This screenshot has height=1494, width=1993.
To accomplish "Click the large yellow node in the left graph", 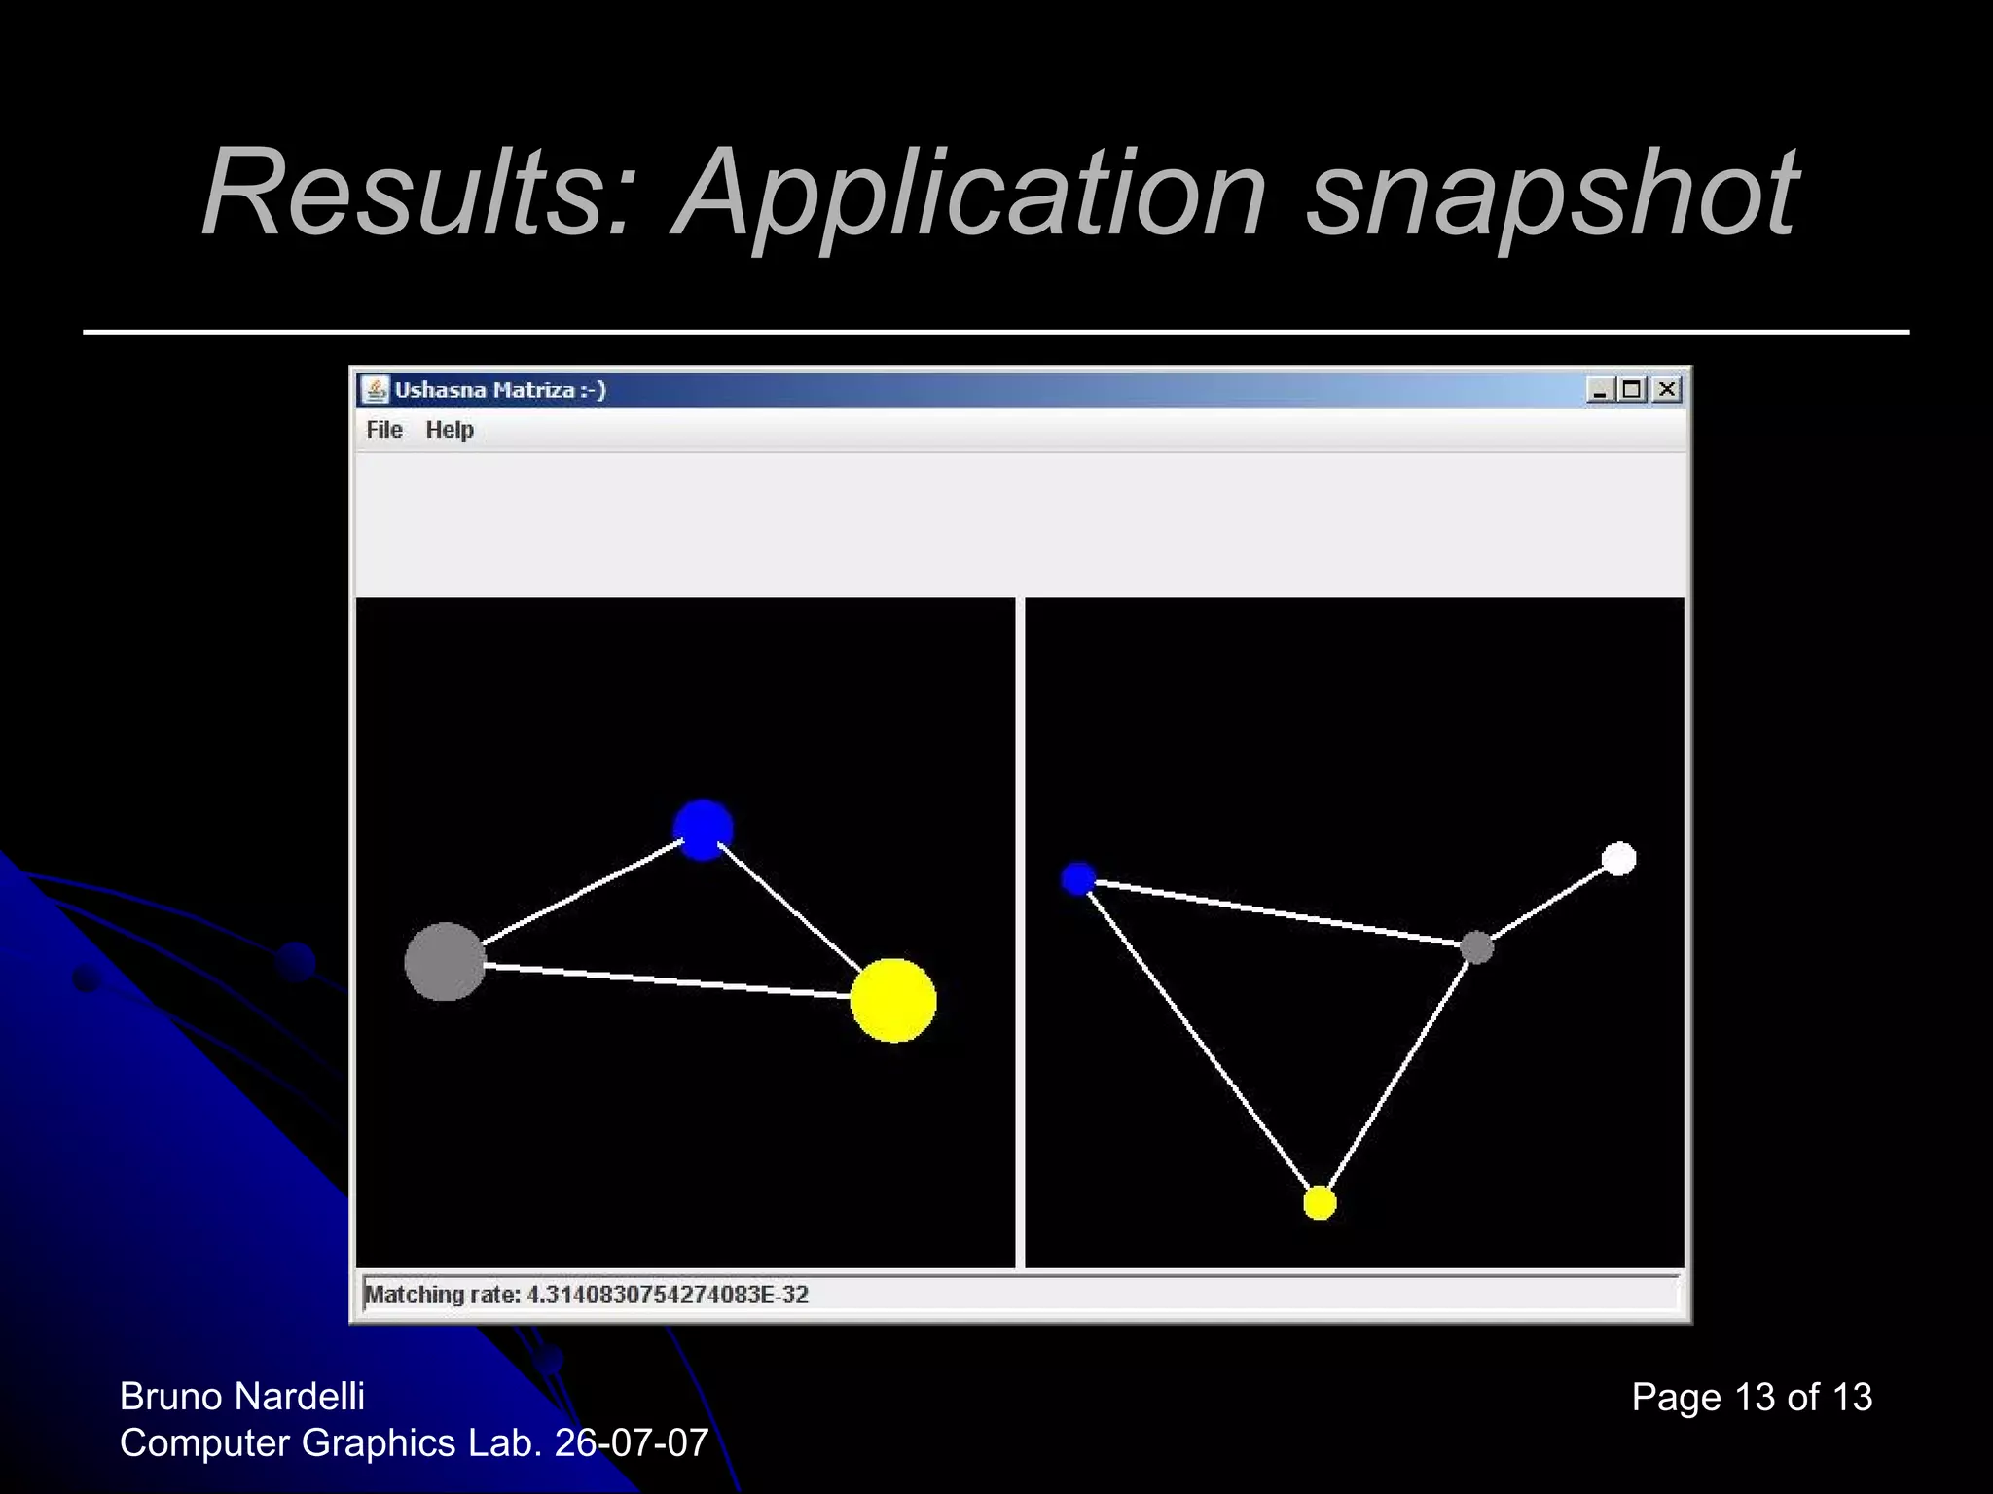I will pyautogui.click(x=893, y=1000).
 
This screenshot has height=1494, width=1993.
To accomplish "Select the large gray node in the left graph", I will pyautogui.click(x=445, y=962).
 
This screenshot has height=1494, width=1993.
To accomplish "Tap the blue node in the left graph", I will pyautogui.click(x=703, y=830).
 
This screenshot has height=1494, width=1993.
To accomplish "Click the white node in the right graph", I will pyautogui.click(x=1618, y=859).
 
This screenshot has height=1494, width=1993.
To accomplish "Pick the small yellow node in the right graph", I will pyautogui.click(x=1320, y=1203).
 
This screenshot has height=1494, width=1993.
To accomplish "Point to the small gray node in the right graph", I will pyautogui.click(x=1476, y=946).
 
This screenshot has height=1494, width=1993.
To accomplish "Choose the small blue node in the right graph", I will pyautogui.click(x=1078, y=878).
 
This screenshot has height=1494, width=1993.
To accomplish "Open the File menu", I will pyautogui.click(x=383, y=430).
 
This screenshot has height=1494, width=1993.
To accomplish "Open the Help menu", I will pyautogui.click(x=450, y=430).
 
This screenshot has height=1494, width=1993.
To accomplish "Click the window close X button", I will pyautogui.click(x=1667, y=390).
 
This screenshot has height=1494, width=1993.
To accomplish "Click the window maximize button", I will pyautogui.click(x=1633, y=390).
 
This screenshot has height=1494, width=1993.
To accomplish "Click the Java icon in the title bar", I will pyautogui.click(x=375, y=390).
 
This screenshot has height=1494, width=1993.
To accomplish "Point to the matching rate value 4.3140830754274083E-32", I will pyautogui.click(x=668, y=1295).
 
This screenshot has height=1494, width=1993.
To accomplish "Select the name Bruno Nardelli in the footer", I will pyautogui.click(x=242, y=1397).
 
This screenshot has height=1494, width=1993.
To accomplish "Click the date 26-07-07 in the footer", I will pyautogui.click(x=632, y=1443).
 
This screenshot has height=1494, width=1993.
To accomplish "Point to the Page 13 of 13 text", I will pyautogui.click(x=1752, y=1398).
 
